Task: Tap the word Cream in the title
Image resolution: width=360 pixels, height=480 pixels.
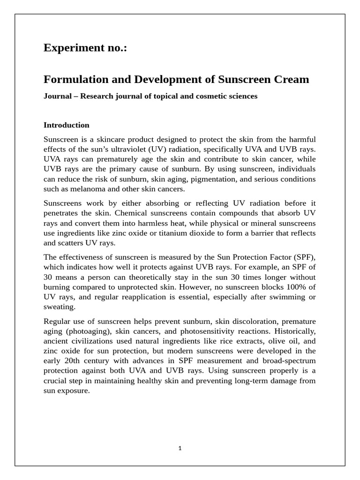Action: tap(292, 79)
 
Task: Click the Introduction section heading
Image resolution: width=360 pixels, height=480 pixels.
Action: tap(66, 125)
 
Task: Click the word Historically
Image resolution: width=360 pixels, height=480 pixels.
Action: tap(293, 331)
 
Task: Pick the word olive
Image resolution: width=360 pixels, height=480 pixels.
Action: tap(266, 341)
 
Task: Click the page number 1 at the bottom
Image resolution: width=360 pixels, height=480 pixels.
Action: tap(180, 448)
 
